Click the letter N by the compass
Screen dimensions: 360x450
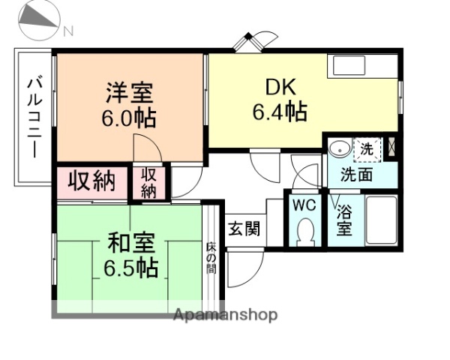(68, 31)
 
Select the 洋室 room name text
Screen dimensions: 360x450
(129, 94)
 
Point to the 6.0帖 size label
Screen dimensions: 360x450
(129, 118)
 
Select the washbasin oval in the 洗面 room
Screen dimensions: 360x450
(339, 148)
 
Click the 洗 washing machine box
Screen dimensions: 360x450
(367, 148)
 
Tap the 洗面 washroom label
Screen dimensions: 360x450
(356, 175)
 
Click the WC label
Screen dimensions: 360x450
(304, 205)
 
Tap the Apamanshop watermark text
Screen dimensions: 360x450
(225, 315)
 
